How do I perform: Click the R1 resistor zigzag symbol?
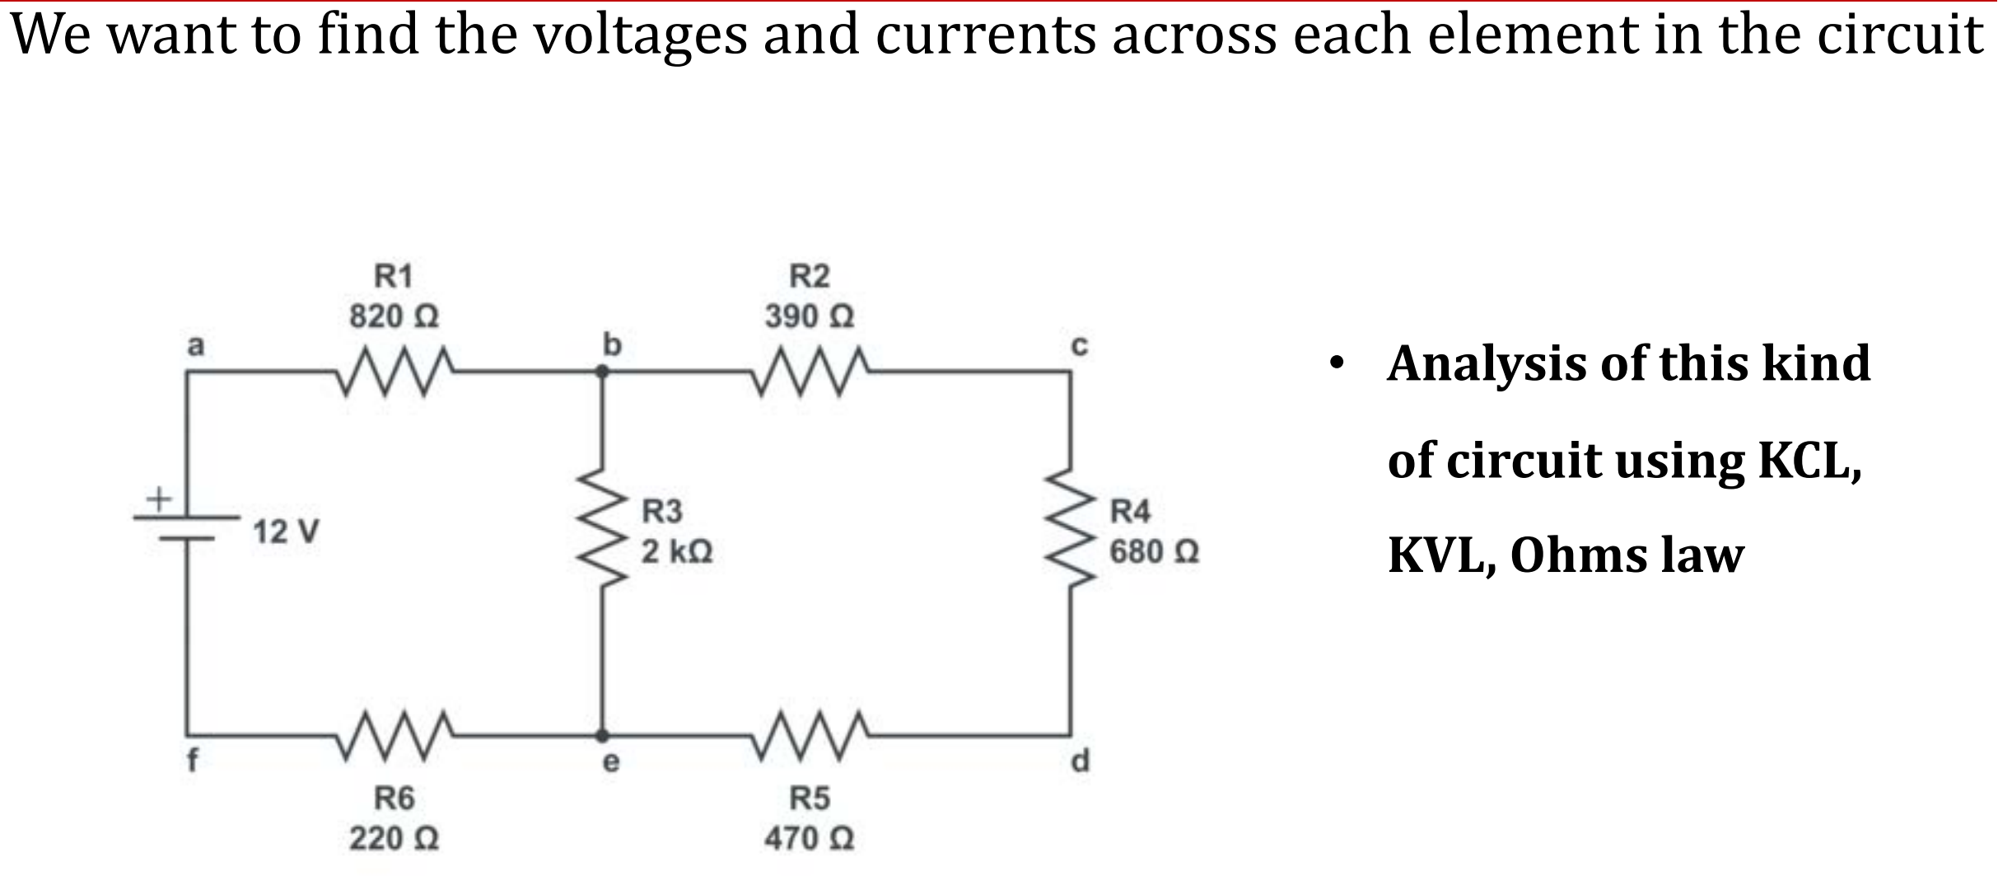point(394,372)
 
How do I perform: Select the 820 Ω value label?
point(394,316)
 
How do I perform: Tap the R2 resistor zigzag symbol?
point(810,372)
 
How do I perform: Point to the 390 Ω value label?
point(809,316)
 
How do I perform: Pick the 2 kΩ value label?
point(677,551)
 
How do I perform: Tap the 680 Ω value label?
point(1154,551)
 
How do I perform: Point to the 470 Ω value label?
point(809,840)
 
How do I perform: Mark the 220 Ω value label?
point(394,840)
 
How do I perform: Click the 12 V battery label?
point(287,532)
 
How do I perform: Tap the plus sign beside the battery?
point(157,498)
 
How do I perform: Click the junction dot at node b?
point(602,372)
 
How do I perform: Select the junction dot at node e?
point(602,733)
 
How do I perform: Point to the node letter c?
point(1080,347)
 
